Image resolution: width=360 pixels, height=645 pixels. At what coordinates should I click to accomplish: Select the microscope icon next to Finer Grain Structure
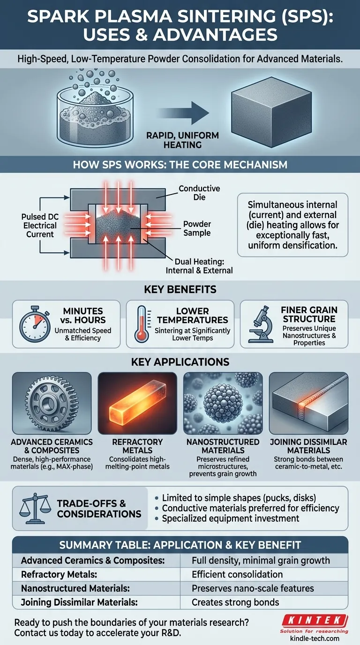pyautogui.click(x=261, y=324)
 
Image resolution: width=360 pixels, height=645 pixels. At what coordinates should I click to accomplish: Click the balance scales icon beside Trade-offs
pyautogui.click(x=35, y=509)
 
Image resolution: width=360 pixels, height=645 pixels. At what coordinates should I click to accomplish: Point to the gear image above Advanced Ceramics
pyautogui.click(x=52, y=403)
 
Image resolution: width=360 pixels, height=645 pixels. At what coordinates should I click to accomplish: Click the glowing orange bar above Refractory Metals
pyautogui.click(x=138, y=403)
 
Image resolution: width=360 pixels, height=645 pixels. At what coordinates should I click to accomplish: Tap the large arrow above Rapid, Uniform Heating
pyautogui.click(x=183, y=112)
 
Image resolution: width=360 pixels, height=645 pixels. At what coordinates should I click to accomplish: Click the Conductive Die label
pyautogui.click(x=199, y=193)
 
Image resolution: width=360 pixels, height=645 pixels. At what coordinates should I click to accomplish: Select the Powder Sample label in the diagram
pyautogui.click(x=197, y=228)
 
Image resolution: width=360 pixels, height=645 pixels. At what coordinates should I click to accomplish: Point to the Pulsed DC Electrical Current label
pyautogui.click(x=40, y=225)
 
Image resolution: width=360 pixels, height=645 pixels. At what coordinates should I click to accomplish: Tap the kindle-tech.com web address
pyautogui.click(x=315, y=638)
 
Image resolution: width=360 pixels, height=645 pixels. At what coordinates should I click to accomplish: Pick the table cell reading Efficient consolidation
pyautogui.click(x=237, y=574)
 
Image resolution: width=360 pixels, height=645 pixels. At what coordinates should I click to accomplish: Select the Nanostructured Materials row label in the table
pyautogui.click(x=75, y=588)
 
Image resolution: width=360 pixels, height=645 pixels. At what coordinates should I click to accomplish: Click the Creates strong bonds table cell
pyautogui.click(x=235, y=602)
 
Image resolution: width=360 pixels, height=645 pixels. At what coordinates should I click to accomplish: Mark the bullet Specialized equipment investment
pyautogui.click(x=231, y=518)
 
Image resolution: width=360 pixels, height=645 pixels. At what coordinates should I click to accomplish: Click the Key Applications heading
pyautogui.click(x=180, y=362)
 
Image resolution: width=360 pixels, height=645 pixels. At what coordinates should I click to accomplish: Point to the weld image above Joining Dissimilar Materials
pyautogui.click(x=309, y=403)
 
